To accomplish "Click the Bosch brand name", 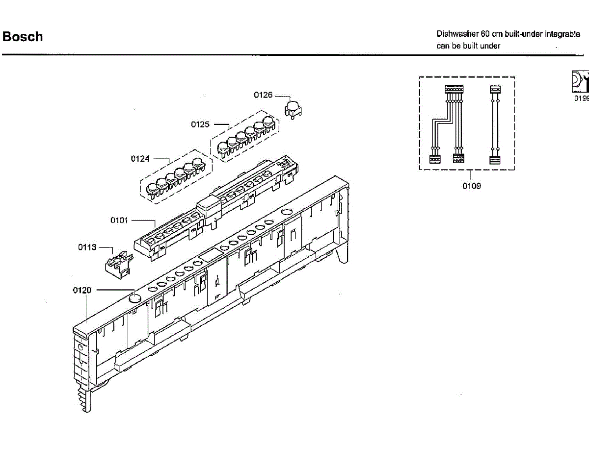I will (x=23, y=37).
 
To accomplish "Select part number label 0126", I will (x=263, y=95).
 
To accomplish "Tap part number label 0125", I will (x=200, y=124).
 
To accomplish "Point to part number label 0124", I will (x=140, y=159).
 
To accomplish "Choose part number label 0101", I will (x=119, y=221).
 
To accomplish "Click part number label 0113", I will (x=87, y=247).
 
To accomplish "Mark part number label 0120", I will (x=82, y=291).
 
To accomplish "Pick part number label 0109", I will (x=471, y=186).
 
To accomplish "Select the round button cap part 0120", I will (x=134, y=297).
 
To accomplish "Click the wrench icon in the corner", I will (x=580, y=81).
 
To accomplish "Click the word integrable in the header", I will (x=562, y=34).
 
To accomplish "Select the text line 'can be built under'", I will (x=468, y=46).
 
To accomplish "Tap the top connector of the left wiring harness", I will (x=454, y=89).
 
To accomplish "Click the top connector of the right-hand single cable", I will (x=495, y=89).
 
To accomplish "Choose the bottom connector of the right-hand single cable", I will (x=495, y=159).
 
